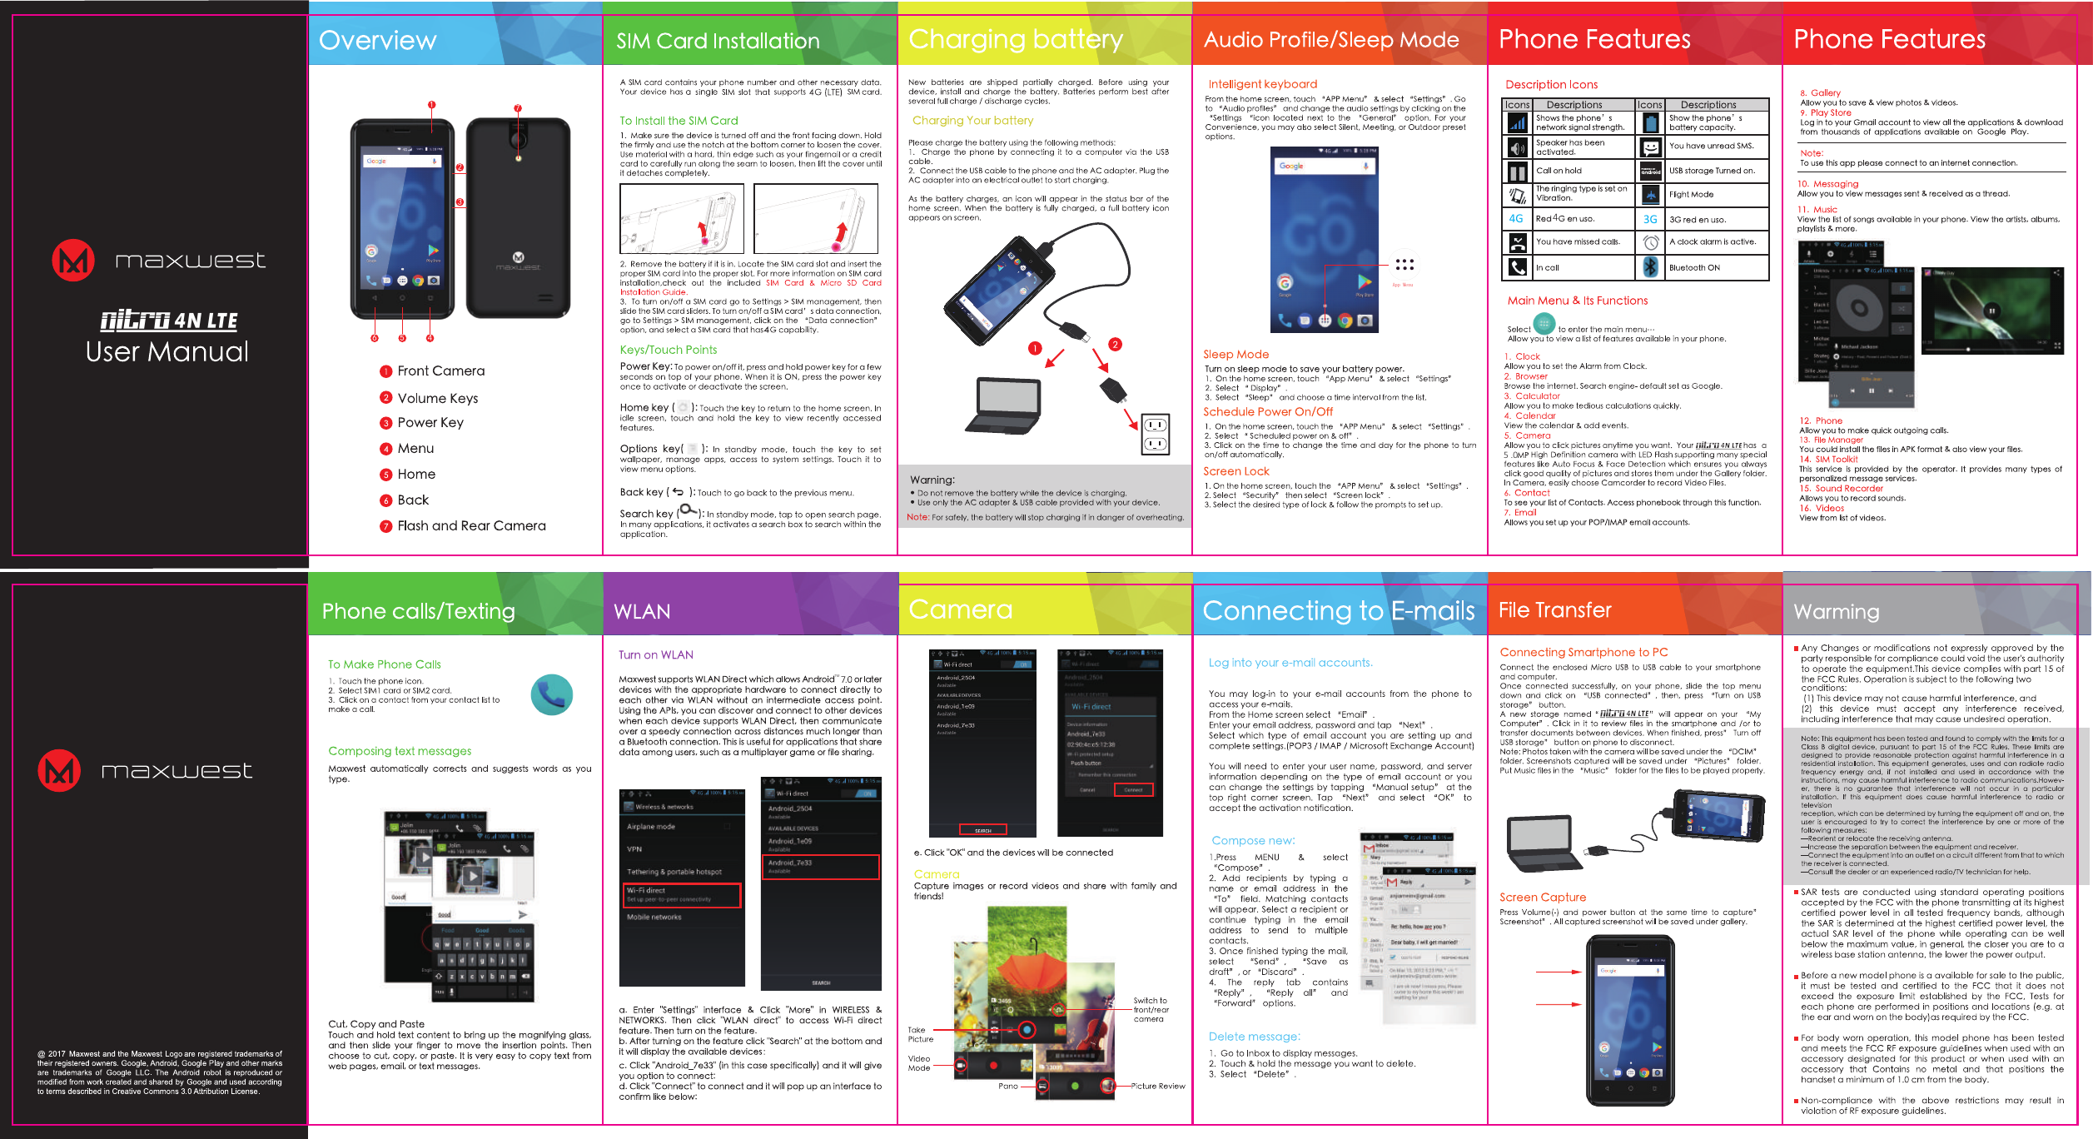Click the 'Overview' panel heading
click(377, 40)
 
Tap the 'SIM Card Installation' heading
click(718, 41)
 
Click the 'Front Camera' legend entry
click(440, 371)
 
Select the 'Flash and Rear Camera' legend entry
click(471, 526)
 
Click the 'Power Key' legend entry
click(430, 423)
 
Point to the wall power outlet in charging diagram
click(1155, 434)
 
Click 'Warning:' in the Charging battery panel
click(932, 480)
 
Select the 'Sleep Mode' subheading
click(1235, 355)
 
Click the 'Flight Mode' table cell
click(1691, 195)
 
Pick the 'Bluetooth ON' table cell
click(1693, 268)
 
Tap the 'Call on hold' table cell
click(1559, 171)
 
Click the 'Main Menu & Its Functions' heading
click(1577, 301)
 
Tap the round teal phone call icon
click(551, 694)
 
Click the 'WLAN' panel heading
click(641, 612)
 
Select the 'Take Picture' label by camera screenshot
click(920, 1035)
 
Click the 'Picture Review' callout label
click(1157, 1087)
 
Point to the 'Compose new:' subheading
click(1252, 841)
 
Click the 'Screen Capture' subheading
click(1542, 898)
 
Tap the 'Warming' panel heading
click(1836, 612)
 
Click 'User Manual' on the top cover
click(167, 352)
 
